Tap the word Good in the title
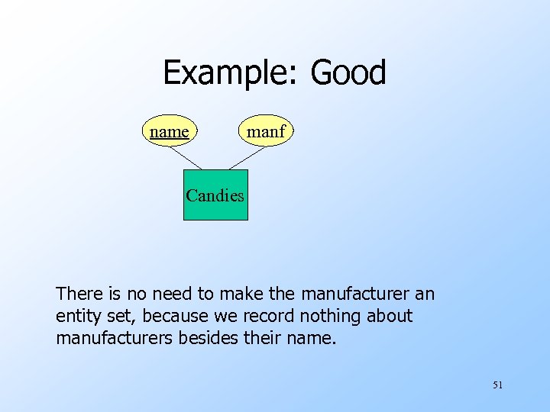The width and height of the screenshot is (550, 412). (x=348, y=73)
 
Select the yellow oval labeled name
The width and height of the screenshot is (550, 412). (x=169, y=132)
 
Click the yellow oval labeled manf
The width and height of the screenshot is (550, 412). (x=265, y=132)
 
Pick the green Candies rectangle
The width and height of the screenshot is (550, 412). (x=215, y=196)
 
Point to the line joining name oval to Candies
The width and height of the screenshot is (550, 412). (x=186, y=157)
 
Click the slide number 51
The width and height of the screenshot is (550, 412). (x=497, y=385)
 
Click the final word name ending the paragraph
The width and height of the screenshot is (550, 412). (x=312, y=337)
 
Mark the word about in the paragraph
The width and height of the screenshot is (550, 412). (x=389, y=315)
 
